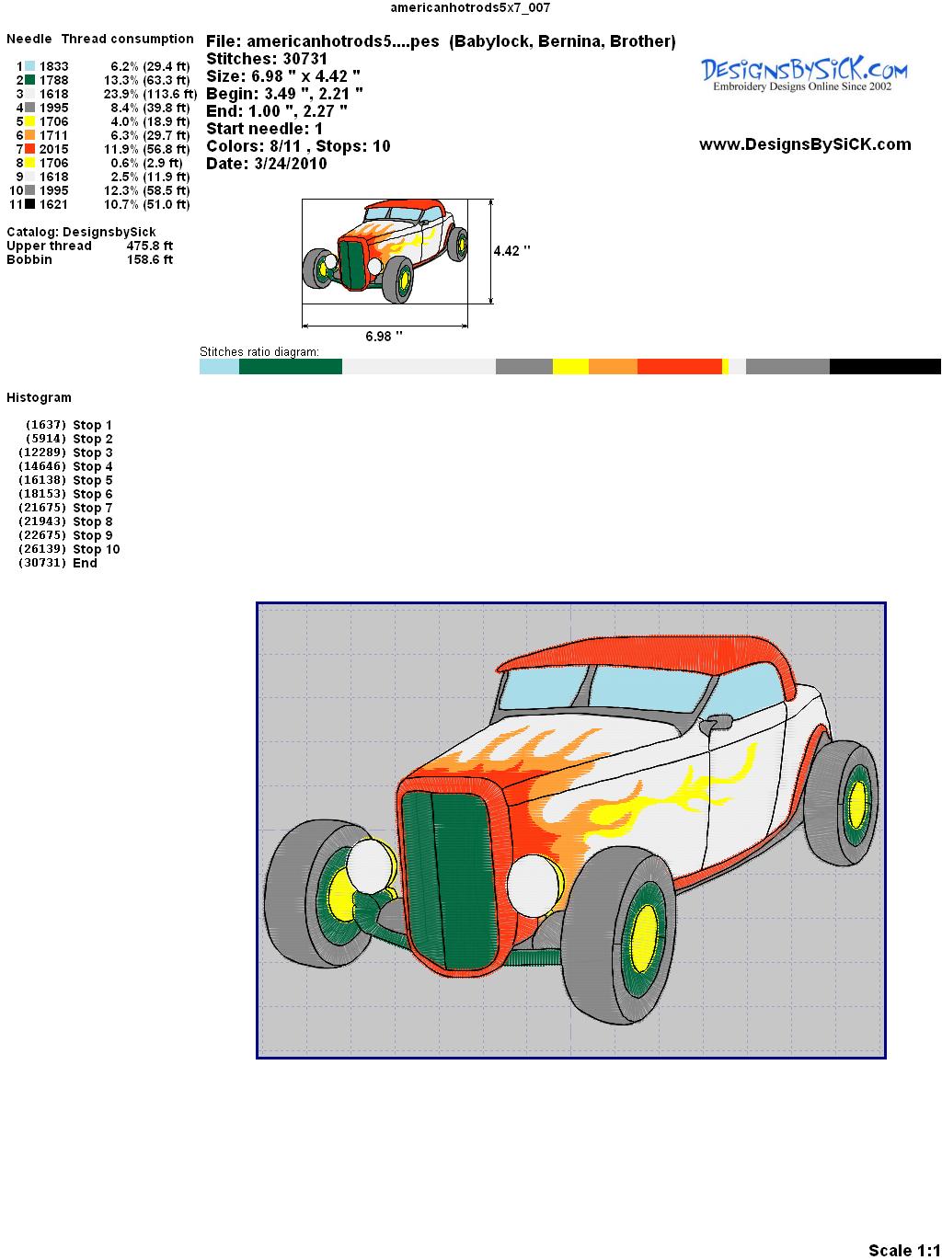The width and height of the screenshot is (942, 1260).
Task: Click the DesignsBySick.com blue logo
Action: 804,74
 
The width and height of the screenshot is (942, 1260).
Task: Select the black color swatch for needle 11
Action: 29,204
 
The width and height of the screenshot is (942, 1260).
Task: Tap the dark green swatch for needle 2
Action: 29,80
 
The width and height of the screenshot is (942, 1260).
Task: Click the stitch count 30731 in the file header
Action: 304,59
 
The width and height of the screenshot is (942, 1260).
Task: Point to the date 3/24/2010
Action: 291,164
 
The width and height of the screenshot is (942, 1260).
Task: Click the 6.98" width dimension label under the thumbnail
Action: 384,336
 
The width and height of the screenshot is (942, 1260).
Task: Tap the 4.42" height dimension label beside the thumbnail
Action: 511,251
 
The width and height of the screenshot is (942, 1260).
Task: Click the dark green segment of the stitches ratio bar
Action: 291,366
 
